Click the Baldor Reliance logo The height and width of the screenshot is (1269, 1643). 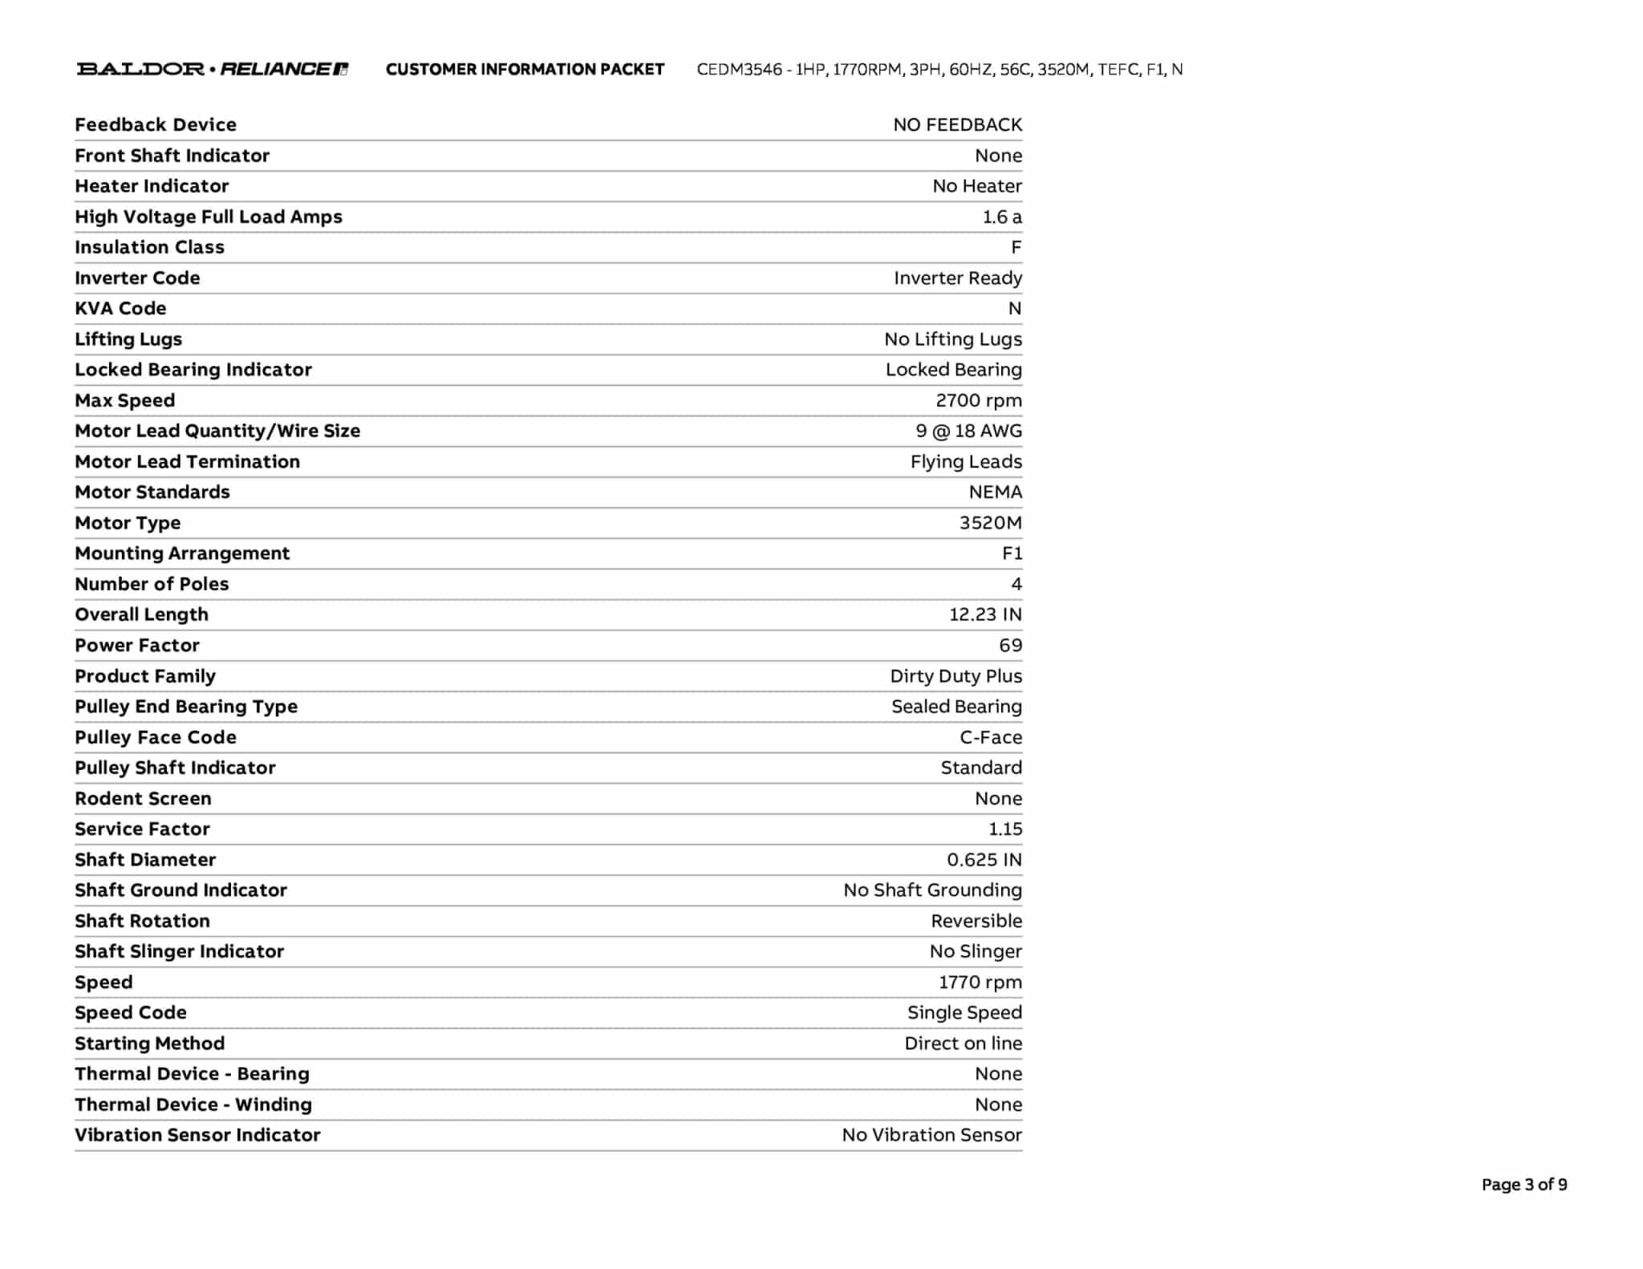tap(212, 69)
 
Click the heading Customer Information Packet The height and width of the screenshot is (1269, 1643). tap(525, 70)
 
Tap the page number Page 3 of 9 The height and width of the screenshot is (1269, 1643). tap(1523, 1185)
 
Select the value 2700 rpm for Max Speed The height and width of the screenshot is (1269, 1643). tap(978, 400)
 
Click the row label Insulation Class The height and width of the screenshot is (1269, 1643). tap(149, 247)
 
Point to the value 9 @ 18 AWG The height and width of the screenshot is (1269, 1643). tap(968, 431)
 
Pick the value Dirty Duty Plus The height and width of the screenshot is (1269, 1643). tap(955, 676)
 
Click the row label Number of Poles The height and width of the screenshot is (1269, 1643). tap(152, 584)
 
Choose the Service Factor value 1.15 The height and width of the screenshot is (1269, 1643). tap(1004, 829)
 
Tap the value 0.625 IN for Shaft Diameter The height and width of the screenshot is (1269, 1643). tap(984, 860)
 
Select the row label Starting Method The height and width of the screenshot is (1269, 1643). tap(149, 1043)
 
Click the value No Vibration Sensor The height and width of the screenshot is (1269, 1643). tap(931, 1135)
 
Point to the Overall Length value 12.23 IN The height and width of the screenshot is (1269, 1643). tap(985, 614)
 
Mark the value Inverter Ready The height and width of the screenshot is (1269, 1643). tap(957, 278)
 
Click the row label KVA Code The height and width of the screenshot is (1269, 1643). tap(120, 308)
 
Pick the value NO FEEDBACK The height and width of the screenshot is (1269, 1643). tap(957, 124)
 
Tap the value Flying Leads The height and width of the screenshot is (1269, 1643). tap(966, 461)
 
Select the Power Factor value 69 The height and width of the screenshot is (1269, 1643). tap(1010, 645)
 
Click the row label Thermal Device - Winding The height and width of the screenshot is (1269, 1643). tap(193, 1105)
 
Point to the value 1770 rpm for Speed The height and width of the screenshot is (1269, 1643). tap(980, 982)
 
